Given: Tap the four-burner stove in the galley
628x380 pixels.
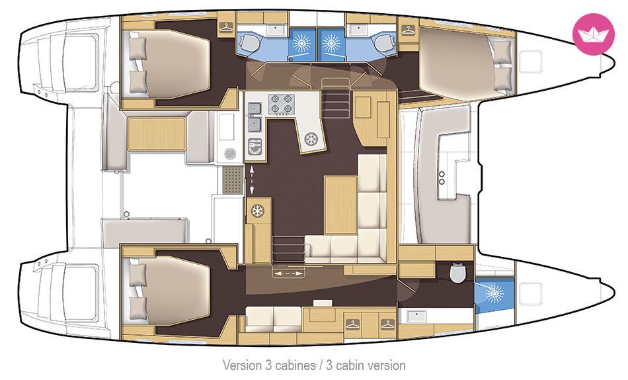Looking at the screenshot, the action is pos(281,104).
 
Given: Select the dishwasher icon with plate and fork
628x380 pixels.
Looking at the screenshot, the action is pos(255,146).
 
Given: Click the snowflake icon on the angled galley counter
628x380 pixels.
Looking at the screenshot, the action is pos(311,139).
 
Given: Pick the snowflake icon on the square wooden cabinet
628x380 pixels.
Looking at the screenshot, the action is pos(258,211).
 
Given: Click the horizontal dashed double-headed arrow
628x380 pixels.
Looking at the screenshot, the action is pos(288,273).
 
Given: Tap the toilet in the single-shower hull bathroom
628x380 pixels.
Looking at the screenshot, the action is pos(457,273).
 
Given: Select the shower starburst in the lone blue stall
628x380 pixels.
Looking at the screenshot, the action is pos(494,293).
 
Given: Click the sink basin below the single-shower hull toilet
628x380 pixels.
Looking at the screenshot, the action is pos(416,316).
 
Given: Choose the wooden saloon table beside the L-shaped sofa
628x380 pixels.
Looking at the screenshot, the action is pos(340,205).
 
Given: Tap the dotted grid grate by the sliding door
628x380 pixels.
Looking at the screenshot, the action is pos(233,180).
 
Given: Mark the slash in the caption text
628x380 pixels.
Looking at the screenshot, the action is pos(320,365).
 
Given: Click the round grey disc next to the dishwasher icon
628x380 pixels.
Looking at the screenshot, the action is pos(230,154).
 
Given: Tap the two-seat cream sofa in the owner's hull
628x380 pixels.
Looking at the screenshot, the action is pos(274,318).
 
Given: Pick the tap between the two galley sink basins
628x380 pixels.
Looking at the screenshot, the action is pos(253,116).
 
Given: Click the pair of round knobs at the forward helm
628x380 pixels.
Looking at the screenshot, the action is pos(442,178).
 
